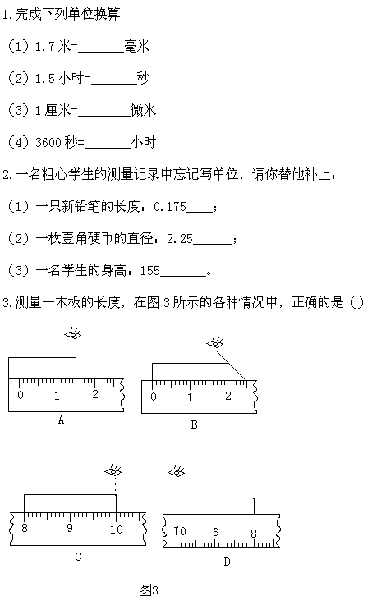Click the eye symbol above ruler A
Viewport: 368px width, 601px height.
[73, 334]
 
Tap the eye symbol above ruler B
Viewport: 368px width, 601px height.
[215, 342]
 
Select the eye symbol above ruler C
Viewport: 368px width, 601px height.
[113, 471]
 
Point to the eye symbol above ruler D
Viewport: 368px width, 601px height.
[177, 472]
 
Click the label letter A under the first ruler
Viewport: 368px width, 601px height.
[61, 420]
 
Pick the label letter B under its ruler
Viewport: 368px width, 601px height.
[194, 424]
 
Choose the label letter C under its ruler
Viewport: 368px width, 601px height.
[78, 557]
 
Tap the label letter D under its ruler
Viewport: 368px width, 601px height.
[227, 562]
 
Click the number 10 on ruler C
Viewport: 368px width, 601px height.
[116, 530]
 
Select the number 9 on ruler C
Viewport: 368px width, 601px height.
[69, 528]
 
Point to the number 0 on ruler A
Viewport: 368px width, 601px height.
[21, 395]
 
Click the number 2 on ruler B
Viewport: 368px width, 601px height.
[228, 396]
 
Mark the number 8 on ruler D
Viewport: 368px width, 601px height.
[254, 533]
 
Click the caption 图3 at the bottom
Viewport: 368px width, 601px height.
[149, 590]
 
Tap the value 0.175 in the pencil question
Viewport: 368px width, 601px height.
[170, 207]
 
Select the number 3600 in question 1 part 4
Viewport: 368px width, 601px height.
[48, 143]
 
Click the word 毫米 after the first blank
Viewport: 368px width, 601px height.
[137, 46]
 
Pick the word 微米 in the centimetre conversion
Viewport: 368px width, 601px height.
[144, 110]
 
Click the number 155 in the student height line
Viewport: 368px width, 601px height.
[149, 271]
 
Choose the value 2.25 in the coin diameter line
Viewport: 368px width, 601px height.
[180, 239]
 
